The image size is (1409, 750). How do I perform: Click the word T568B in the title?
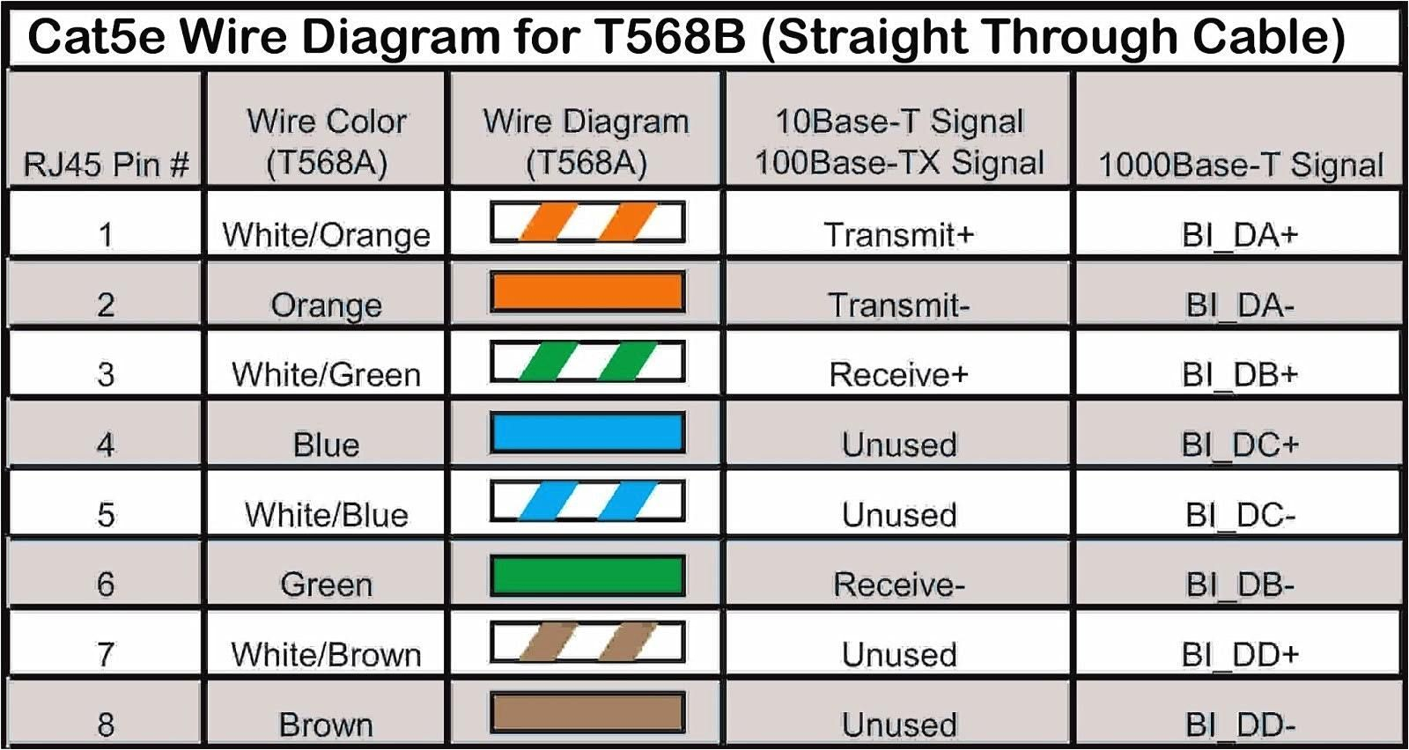tap(668, 37)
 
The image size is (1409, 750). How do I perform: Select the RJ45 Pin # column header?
tap(106, 164)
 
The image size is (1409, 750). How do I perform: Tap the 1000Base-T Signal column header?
tap(1240, 164)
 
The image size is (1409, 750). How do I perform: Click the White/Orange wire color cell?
tap(326, 234)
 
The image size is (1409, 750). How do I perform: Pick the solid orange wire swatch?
tap(587, 292)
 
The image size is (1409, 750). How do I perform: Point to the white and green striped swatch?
tap(587, 363)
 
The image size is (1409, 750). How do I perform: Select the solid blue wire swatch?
tap(587, 433)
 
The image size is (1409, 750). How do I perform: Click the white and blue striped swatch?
tap(587, 503)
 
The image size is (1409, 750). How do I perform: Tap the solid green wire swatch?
tap(587, 575)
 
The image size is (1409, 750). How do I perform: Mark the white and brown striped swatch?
tap(587, 643)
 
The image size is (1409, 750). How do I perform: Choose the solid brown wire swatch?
tap(587, 713)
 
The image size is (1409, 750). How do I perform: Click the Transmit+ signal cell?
tap(898, 234)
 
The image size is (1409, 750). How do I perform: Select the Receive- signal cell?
tap(898, 584)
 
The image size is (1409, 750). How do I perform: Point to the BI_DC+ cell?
tap(1240, 445)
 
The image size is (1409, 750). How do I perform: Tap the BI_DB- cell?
tap(1240, 584)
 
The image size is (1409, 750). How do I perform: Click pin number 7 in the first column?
tap(106, 654)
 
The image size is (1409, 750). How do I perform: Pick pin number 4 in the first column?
tap(106, 445)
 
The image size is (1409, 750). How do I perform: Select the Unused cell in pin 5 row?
tap(898, 514)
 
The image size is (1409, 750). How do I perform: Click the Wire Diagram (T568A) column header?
tap(586, 141)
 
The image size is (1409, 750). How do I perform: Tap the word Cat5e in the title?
tap(97, 37)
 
